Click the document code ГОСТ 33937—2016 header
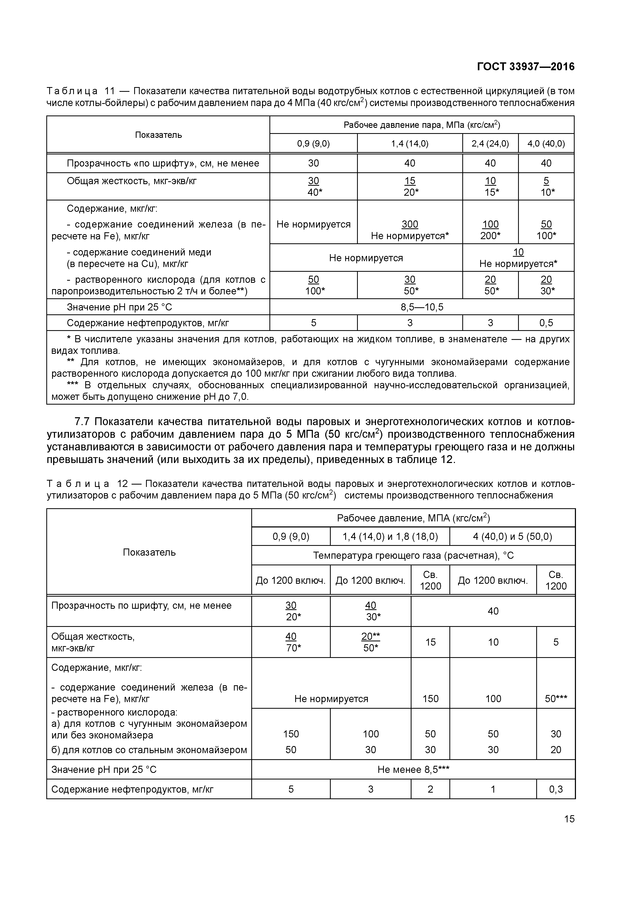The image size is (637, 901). [525, 67]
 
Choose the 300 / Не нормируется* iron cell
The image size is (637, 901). [410, 230]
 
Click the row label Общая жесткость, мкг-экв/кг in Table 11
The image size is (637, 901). [132, 181]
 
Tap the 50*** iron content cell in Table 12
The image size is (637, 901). [556, 698]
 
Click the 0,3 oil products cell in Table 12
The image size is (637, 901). [556, 789]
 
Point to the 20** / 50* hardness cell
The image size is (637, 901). [370, 642]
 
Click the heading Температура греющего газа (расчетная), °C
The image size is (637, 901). [413, 555]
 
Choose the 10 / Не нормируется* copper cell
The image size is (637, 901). [518, 258]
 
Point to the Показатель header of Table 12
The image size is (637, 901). [149, 552]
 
